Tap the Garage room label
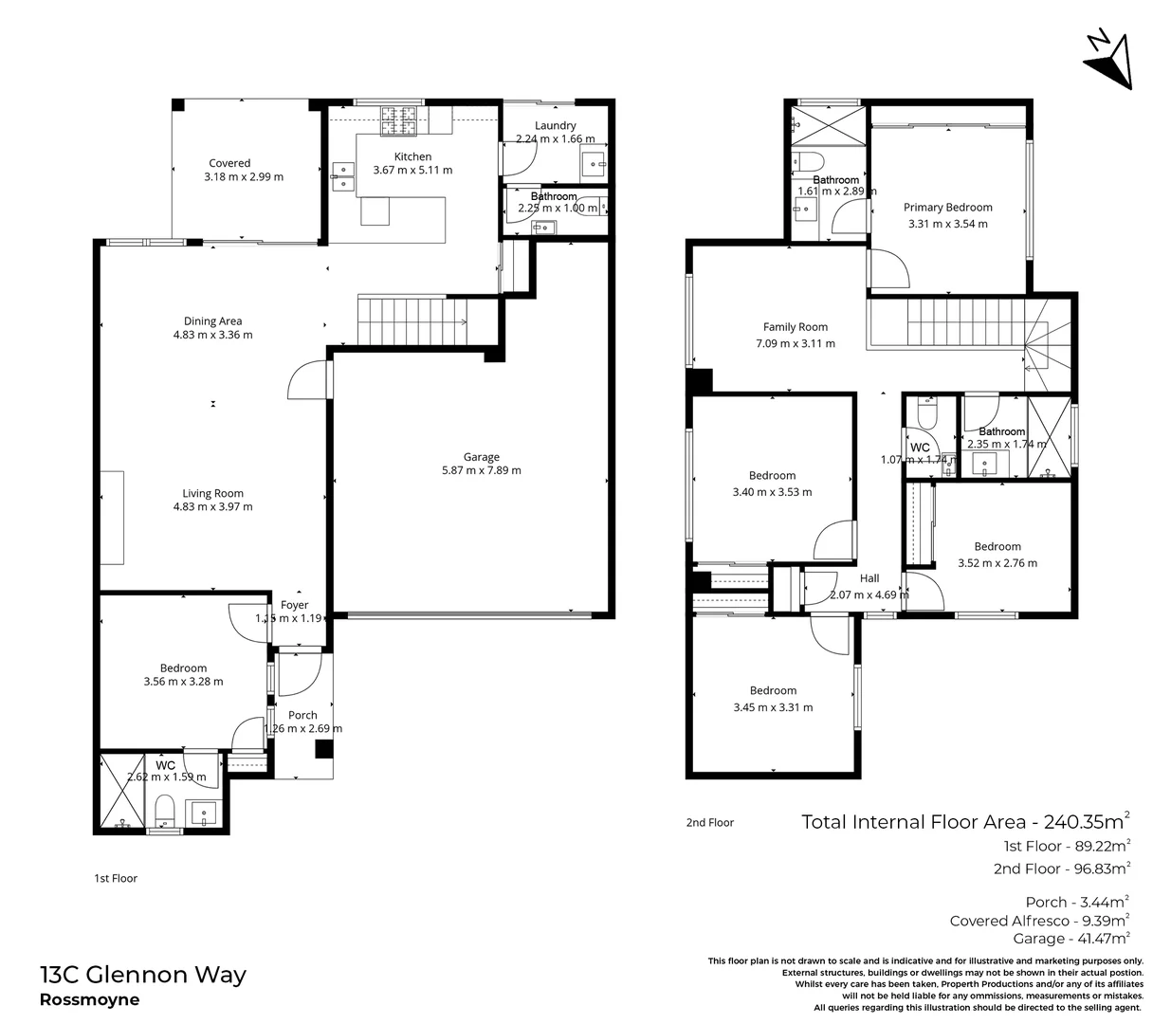point(481,457)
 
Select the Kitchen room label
point(412,156)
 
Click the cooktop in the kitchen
point(399,119)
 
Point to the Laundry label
point(555,125)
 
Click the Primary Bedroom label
point(947,208)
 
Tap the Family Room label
point(795,327)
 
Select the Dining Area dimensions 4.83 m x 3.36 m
point(212,335)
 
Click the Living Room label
point(212,493)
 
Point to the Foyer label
point(294,605)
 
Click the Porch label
point(302,715)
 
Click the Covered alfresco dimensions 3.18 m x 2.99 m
point(243,176)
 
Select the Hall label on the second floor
point(869,578)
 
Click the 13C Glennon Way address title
point(143,975)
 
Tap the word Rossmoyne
point(89,1000)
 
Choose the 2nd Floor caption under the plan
point(709,823)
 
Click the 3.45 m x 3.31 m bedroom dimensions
point(772,707)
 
